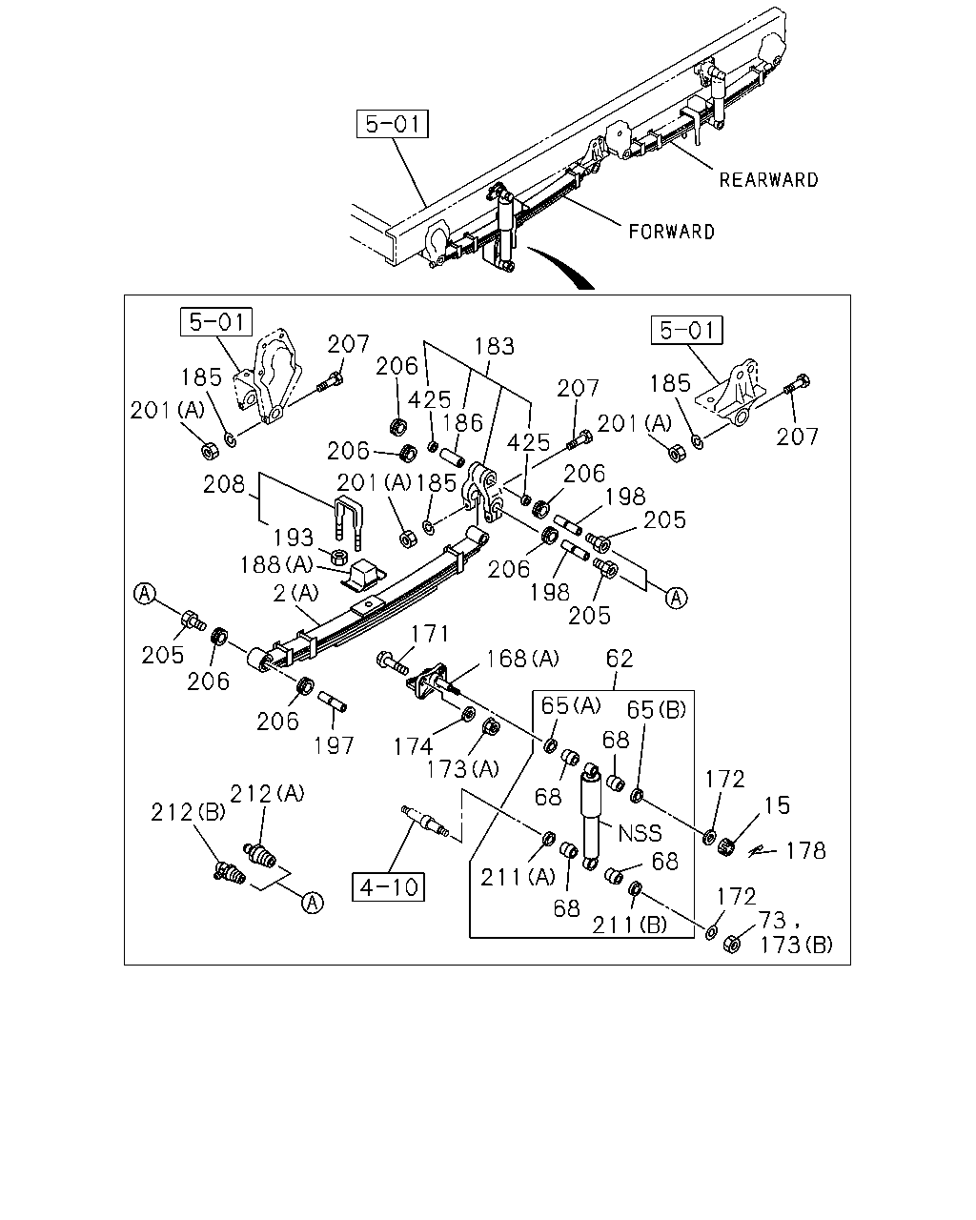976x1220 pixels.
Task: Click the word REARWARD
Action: pyautogui.click(x=768, y=180)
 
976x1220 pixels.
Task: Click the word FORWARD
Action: pyautogui.click(x=671, y=232)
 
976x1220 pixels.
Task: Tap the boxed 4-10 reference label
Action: pyautogui.click(x=389, y=886)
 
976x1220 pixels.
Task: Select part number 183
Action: pyautogui.click(x=494, y=346)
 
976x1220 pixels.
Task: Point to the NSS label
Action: pyautogui.click(x=640, y=833)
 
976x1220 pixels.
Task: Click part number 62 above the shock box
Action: pyautogui.click(x=619, y=659)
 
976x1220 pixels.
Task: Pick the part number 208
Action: pyautogui.click(x=224, y=484)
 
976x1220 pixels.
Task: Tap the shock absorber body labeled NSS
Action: pyautogui.click(x=590, y=817)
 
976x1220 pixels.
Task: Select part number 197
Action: pyautogui.click(x=334, y=745)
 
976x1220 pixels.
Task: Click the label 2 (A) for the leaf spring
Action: pyautogui.click(x=296, y=594)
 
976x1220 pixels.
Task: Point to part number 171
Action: pyautogui.click(x=429, y=634)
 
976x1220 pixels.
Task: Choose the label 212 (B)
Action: pyautogui.click(x=188, y=813)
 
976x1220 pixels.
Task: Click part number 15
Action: pyautogui.click(x=777, y=805)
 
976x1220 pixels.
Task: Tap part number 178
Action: pyautogui.click(x=805, y=850)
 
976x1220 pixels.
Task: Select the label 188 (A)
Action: pyautogui.click(x=276, y=564)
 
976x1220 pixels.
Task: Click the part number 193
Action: pyautogui.click(x=294, y=538)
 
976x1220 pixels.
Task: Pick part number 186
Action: pyautogui.click(x=463, y=423)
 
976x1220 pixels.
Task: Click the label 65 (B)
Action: pyautogui.click(x=656, y=709)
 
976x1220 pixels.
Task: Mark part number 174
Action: pyautogui.click(x=414, y=747)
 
